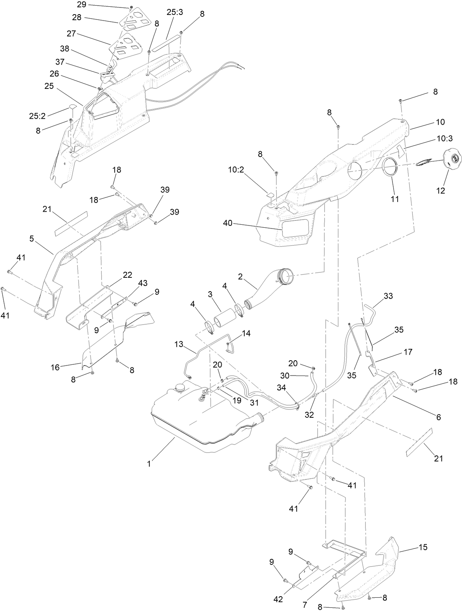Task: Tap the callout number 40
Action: point(228,223)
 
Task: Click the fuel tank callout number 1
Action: point(149,464)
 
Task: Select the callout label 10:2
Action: point(236,169)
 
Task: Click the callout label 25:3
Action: point(175,12)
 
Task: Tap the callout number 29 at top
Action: point(81,5)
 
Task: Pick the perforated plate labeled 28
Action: point(133,19)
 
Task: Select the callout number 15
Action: point(423,547)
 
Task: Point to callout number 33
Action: point(388,296)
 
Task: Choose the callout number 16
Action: point(55,367)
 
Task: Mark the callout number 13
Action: point(179,344)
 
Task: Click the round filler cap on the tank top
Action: point(181,388)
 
